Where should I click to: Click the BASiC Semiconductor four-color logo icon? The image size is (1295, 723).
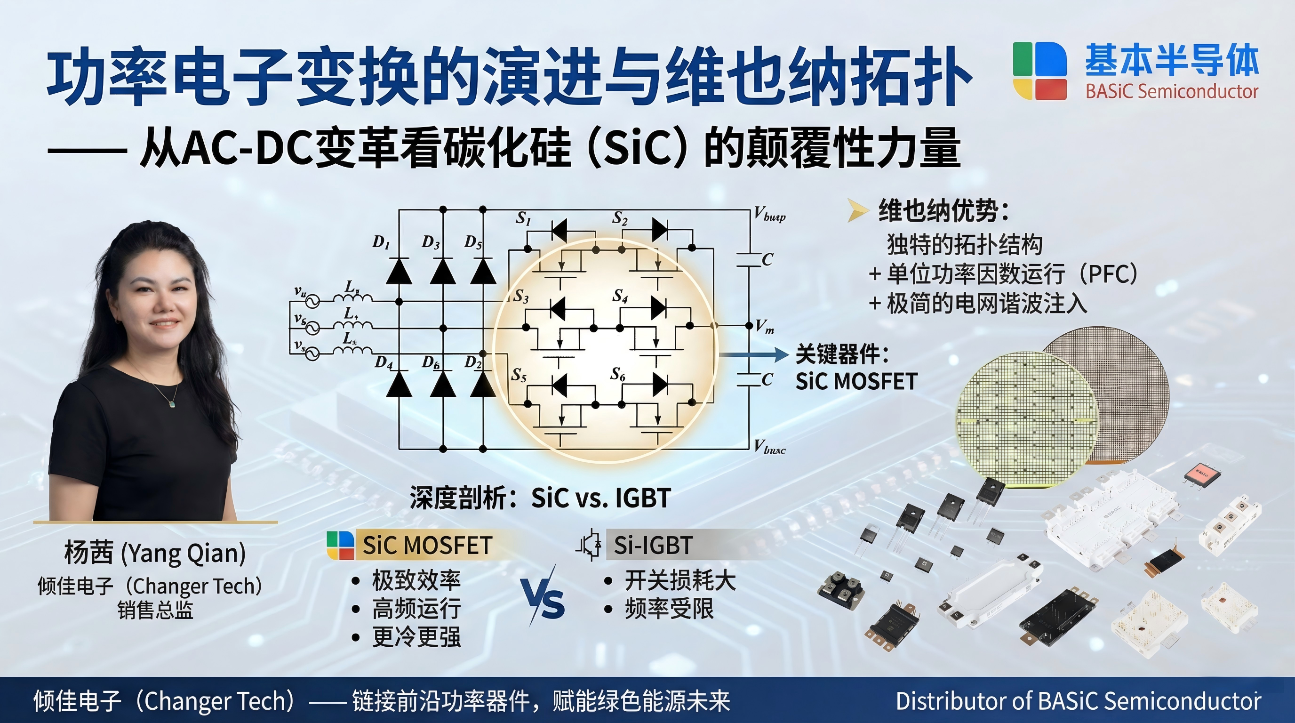point(1039,71)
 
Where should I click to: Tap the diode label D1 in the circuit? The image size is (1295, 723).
point(381,242)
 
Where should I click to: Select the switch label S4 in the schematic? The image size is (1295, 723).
point(620,296)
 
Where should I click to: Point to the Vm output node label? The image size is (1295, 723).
point(765,327)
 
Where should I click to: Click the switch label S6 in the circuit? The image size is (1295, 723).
point(618,374)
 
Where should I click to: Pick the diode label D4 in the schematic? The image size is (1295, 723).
point(384,362)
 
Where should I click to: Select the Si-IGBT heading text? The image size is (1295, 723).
point(653,545)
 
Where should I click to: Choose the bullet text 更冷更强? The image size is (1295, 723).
point(416,636)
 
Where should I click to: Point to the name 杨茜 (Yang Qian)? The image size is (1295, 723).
point(155,553)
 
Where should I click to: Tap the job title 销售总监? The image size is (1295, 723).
point(155,610)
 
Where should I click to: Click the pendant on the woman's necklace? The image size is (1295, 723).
point(172,404)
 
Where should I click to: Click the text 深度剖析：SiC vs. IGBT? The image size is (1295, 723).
point(540,498)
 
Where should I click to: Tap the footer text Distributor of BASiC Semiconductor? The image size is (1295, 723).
point(1079,701)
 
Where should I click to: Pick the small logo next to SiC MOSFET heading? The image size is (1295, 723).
point(340,545)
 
